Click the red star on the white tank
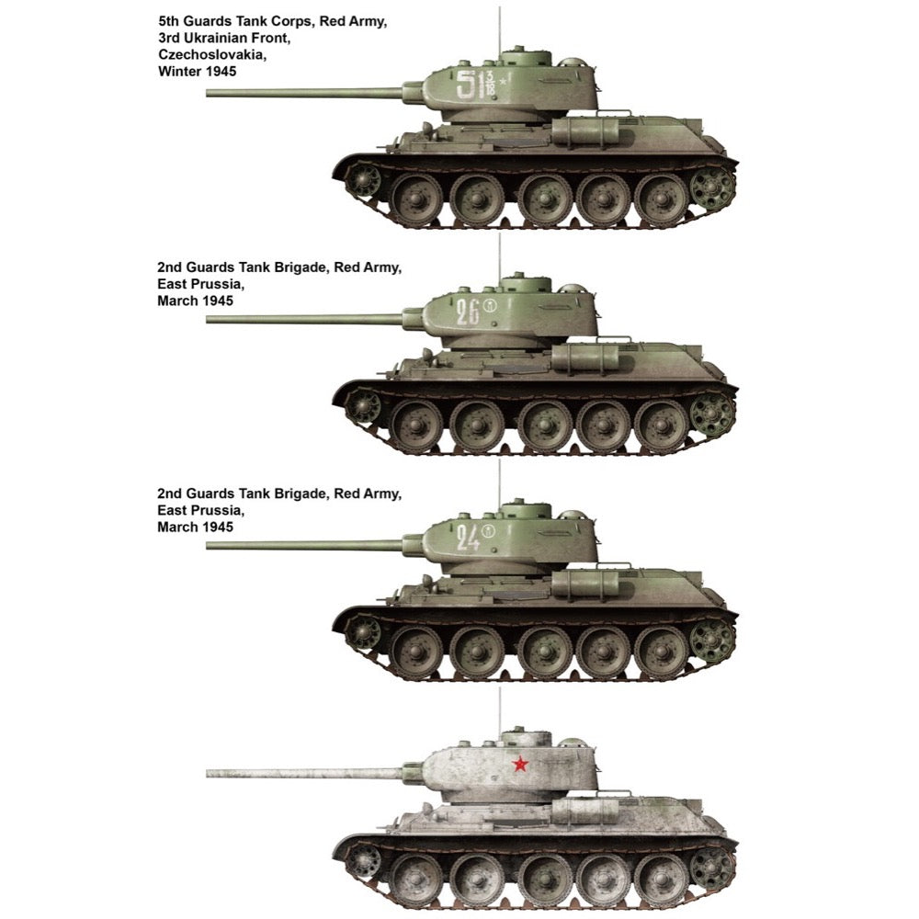520,764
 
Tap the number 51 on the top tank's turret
470,84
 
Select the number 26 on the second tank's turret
468,312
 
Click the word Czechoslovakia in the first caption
212,54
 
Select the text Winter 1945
197,72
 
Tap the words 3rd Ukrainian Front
224,38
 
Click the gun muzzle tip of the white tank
208,774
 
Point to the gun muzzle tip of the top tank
208,93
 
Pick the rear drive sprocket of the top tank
712,187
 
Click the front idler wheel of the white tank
363,861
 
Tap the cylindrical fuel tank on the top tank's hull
584,130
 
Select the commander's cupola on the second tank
525,284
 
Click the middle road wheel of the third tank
545,652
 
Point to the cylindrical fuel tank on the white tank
584,811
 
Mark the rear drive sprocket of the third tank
712,640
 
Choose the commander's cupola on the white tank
525,739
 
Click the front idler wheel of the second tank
363,407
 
